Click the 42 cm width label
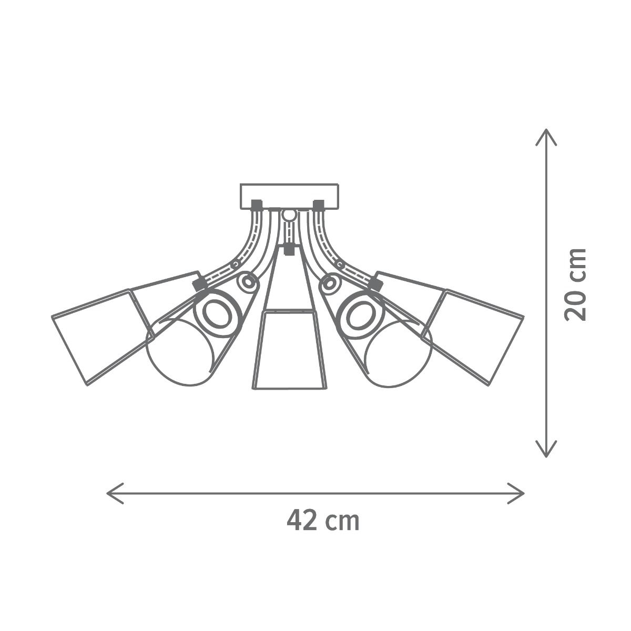(323, 521)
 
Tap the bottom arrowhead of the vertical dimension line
(546, 449)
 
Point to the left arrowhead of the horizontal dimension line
(115, 493)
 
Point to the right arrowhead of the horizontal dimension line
(516, 493)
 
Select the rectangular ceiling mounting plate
(289, 196)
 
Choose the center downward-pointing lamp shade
(289, 350)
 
